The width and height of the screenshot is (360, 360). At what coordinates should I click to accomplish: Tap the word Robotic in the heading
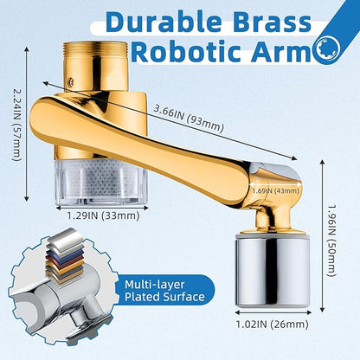point(189,52)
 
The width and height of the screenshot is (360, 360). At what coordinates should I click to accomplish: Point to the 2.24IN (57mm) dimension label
point(16,125)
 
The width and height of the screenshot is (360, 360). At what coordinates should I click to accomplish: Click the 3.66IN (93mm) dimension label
point(188,118)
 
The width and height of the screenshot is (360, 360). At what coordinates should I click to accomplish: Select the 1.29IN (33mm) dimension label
point(103,215)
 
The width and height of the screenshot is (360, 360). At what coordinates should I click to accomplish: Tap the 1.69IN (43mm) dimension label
point(275,190)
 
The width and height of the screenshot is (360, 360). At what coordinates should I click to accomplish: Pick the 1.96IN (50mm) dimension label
point(332,241)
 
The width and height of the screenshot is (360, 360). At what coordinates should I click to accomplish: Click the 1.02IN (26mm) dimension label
point(273,325)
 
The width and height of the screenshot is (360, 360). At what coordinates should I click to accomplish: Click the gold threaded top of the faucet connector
point(95,66)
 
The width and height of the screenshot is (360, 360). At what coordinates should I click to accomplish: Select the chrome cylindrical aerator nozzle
point(273,271)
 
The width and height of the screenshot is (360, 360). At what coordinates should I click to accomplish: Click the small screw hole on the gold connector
point(70,82)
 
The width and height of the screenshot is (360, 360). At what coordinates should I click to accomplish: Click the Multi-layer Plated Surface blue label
point(164,291)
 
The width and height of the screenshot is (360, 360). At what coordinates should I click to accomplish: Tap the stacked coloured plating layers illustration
point(63,254)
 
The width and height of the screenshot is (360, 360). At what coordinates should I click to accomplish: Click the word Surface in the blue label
point(183,297)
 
